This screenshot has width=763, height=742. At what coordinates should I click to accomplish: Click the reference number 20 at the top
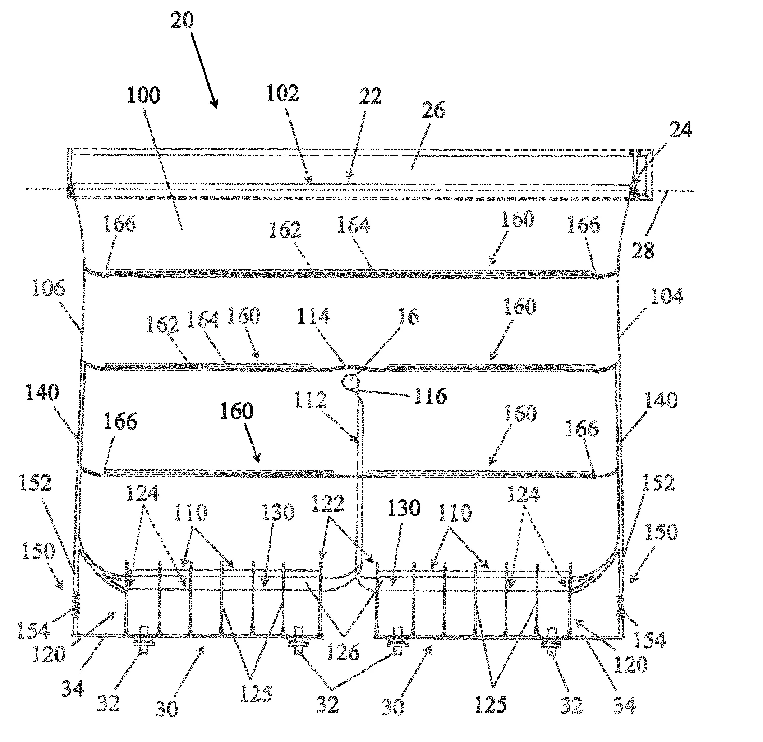(x=182, y=20)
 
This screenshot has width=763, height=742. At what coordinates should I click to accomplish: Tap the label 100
(x=144, y=95)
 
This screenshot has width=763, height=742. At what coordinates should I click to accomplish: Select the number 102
(x=282, y=93)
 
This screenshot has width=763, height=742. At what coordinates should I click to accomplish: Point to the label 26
(x=433, y=111)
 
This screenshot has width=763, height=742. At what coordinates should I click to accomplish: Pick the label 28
(x=643, y=251)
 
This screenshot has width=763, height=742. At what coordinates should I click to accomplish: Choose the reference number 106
(x=48, y=288)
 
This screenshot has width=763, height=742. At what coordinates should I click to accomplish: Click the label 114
(x=314, y=316)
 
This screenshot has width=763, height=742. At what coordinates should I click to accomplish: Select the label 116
(x=430, y=396)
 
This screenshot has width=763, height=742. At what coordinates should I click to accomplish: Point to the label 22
(x=370, y=96)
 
